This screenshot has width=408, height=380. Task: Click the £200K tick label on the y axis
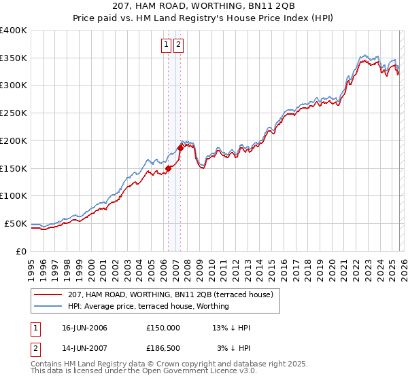click(x=12, y=140)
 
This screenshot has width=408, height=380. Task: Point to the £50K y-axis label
click(x=15, y=223)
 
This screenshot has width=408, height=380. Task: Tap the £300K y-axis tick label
click(x=12, y=85)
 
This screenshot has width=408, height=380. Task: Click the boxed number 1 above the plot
click(x=167, y=45)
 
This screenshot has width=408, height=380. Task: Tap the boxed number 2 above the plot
click(x=179, y=45)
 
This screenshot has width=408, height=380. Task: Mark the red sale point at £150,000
click(x=168, y=168)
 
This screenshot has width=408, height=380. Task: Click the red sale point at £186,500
click(x=180, y=147)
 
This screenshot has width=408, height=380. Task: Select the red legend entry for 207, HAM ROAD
click(x=170, y=294)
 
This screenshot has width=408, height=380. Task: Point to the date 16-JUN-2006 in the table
click(x=84, y=328)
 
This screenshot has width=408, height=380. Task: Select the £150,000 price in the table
click(x=163, y=328)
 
